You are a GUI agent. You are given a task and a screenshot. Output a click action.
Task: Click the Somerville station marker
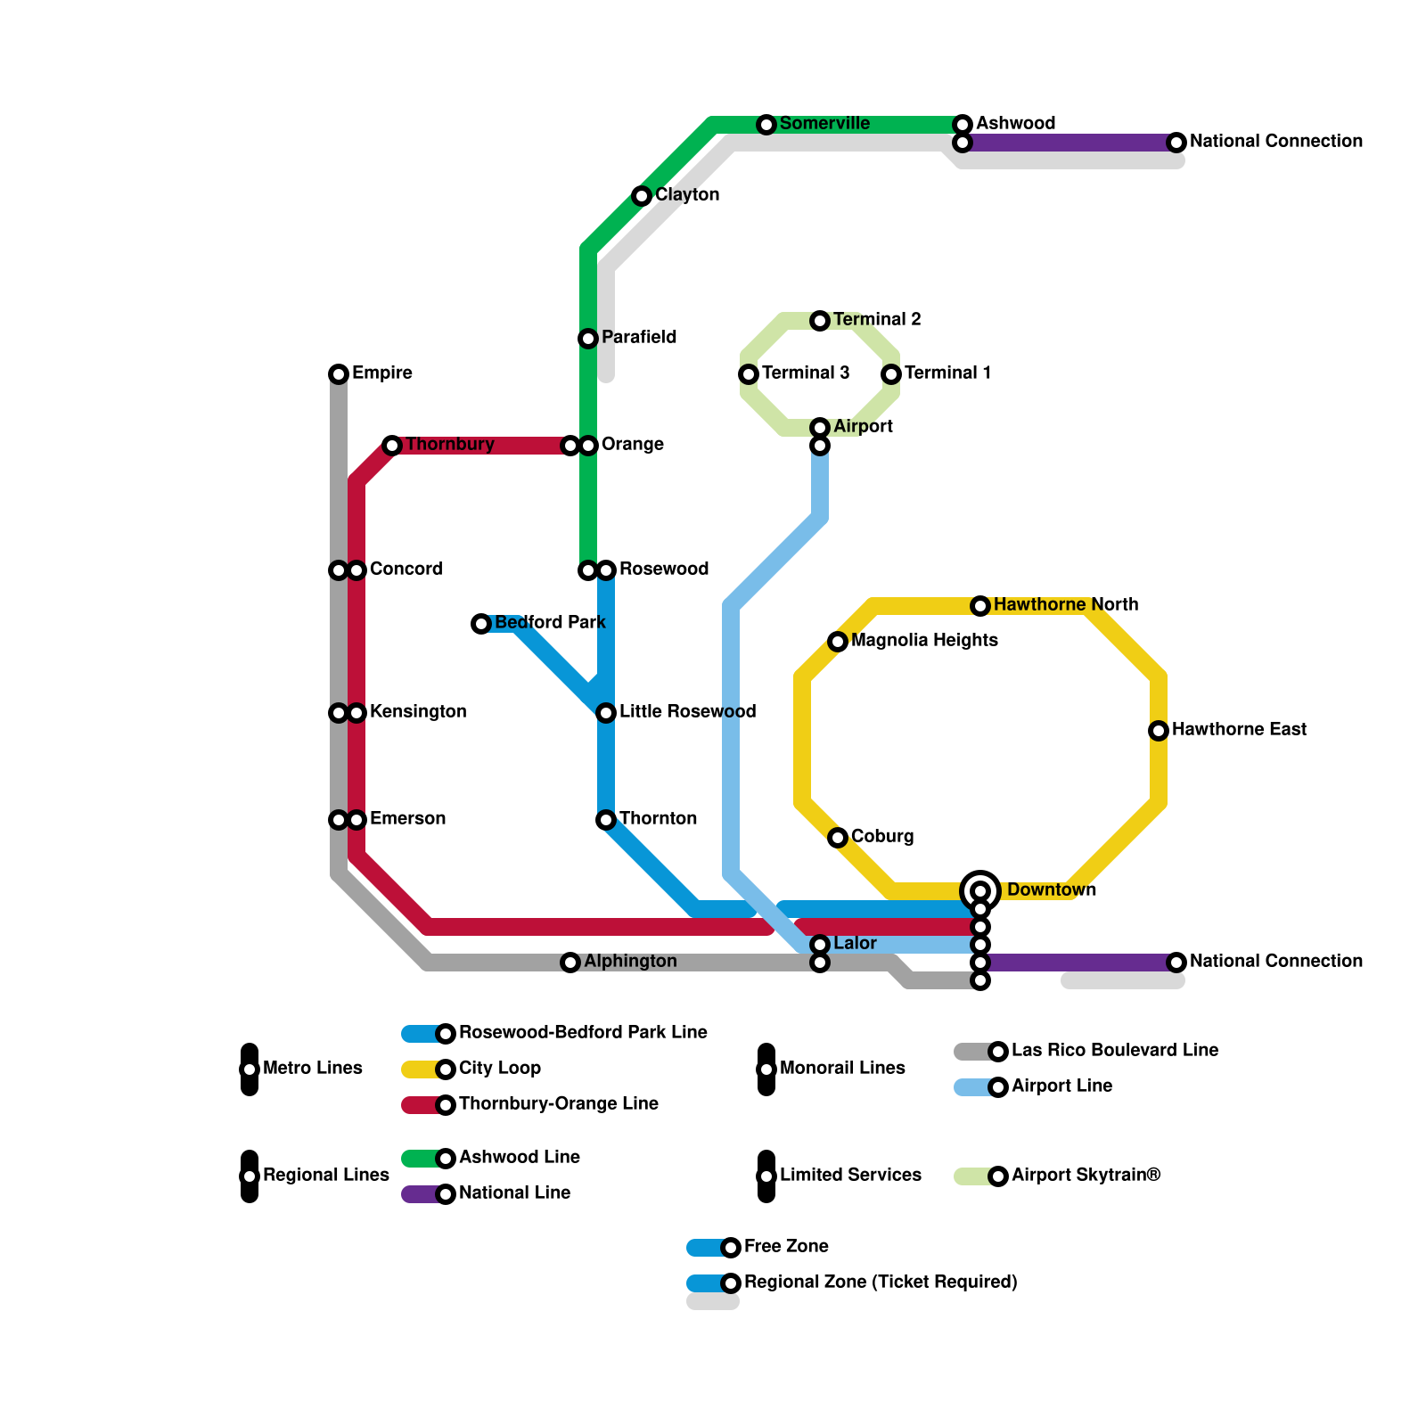click(766, 125)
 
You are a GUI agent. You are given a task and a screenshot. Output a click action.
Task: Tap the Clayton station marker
click(642, 196)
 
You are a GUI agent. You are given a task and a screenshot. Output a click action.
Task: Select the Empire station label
click(381, 373)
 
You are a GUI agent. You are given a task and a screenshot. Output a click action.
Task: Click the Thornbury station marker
click(392, 446)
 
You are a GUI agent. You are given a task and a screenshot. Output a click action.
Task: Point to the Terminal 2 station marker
click(820, 321)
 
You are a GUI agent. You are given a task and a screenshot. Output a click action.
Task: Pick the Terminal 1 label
click(947, 373)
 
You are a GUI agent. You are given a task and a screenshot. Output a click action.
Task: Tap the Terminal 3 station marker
click(749, 374)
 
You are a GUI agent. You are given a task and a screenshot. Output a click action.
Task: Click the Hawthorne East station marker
click(1159, 731)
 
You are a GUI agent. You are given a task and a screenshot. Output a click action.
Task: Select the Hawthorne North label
click(1065, 605)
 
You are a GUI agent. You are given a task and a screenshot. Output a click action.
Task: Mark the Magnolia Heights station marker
click(838, 642)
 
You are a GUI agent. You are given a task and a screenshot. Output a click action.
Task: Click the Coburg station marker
click(838, 838)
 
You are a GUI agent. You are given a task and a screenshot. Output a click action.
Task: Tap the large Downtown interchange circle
click(980, 890)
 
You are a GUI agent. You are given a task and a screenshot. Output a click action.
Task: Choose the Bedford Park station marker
click(481, 624)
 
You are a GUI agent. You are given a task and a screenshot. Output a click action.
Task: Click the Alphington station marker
click(570, 963)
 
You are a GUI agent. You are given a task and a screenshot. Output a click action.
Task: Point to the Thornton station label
click(658, 819)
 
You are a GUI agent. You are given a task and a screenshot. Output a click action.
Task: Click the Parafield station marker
click(588, 339)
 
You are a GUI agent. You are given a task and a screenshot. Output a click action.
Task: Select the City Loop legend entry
click(499, 1069)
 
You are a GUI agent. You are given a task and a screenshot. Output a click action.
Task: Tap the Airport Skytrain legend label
click(1086, 1176)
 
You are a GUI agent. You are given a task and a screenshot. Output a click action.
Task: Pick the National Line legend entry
click(514, 1193)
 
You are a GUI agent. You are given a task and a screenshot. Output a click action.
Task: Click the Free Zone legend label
click(785, 1247)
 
